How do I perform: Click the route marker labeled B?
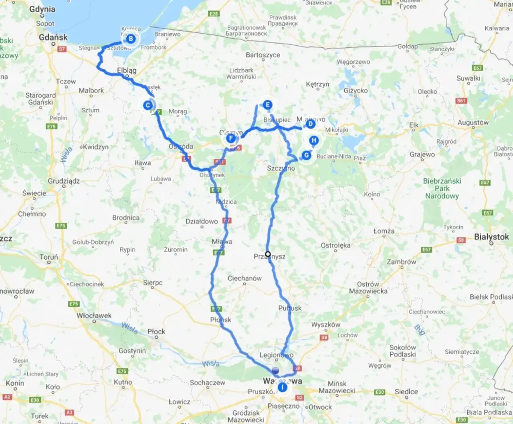click(131, 39)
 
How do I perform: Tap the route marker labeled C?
click(148, 105)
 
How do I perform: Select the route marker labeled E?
click(267, 105)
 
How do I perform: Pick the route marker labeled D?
click(310, 124)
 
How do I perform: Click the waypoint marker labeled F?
click(230, 139)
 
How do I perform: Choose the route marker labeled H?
click(314, 141)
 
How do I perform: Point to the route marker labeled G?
click(307, 155)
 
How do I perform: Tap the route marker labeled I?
click(283, 388)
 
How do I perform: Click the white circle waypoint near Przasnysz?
click(268, 254)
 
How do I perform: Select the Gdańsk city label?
click(53, 37)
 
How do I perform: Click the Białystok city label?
click(491, 237)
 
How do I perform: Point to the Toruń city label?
click(48, 257)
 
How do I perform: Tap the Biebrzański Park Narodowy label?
click(442, 188)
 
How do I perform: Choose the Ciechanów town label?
click(244, 278)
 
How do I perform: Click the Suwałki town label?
click(468, 78)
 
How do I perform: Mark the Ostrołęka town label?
click(335, 245)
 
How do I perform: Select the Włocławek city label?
click(94, 315)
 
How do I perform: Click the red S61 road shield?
click(461, 101)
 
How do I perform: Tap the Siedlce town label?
click(406, 392)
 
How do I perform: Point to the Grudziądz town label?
click(64, 181)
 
